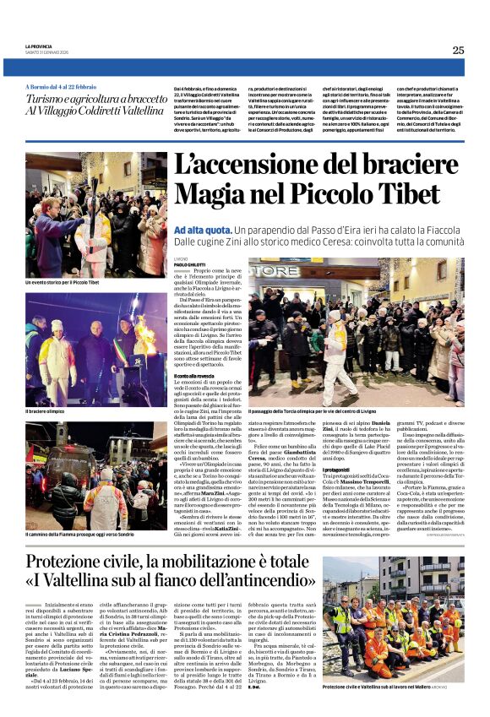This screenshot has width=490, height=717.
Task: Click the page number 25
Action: pos(458,50)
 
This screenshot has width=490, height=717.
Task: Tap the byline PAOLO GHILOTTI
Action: pos(190,264)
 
